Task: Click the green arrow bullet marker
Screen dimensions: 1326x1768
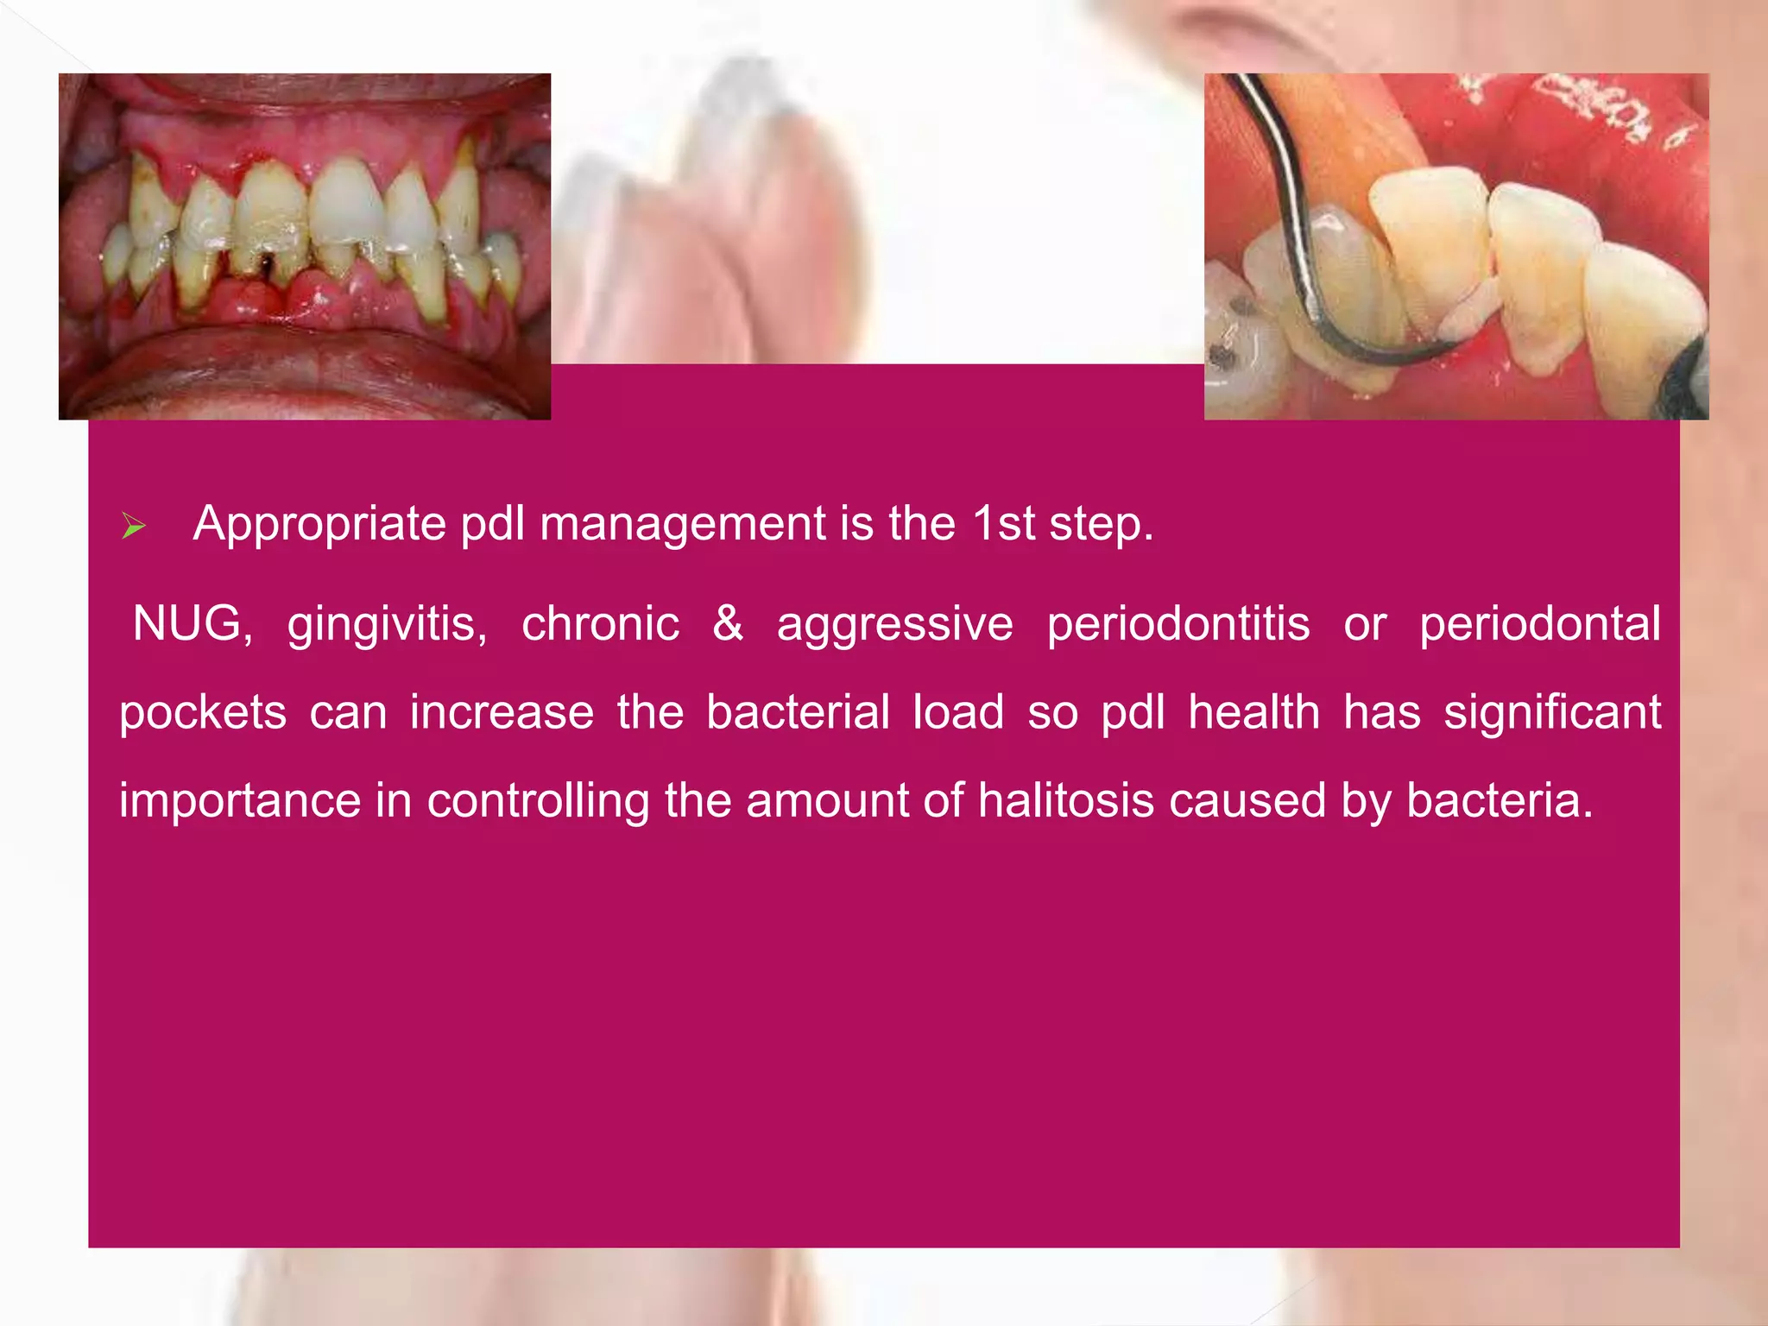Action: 134,526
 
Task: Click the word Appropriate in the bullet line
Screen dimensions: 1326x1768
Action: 319,524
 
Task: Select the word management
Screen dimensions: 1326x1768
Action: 683,524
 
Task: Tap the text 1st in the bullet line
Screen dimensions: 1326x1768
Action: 1003,524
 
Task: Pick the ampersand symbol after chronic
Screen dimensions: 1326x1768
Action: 728,623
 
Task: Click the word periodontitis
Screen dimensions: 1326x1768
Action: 1178,623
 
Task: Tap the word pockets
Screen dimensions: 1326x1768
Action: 203,713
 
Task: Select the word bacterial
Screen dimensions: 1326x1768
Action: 798,712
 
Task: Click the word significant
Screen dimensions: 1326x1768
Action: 1552,713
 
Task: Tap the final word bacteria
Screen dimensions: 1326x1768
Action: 1500,800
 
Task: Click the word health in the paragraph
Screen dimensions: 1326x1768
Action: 1253,712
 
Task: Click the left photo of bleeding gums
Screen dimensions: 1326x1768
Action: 305,247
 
